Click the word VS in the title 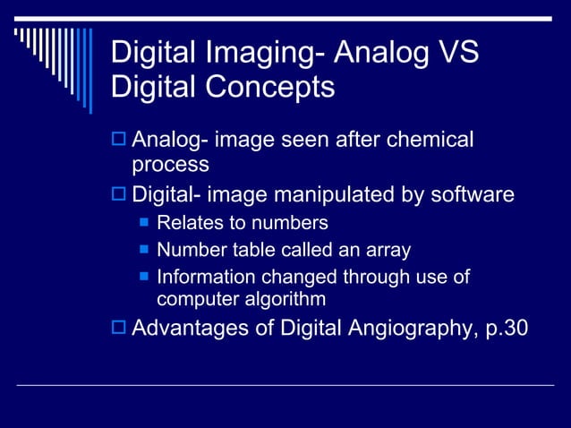point(458,53)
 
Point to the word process point(171,165)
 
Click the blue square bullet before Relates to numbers point(143,223)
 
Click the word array point(388,251)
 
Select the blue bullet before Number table point(143,250)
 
